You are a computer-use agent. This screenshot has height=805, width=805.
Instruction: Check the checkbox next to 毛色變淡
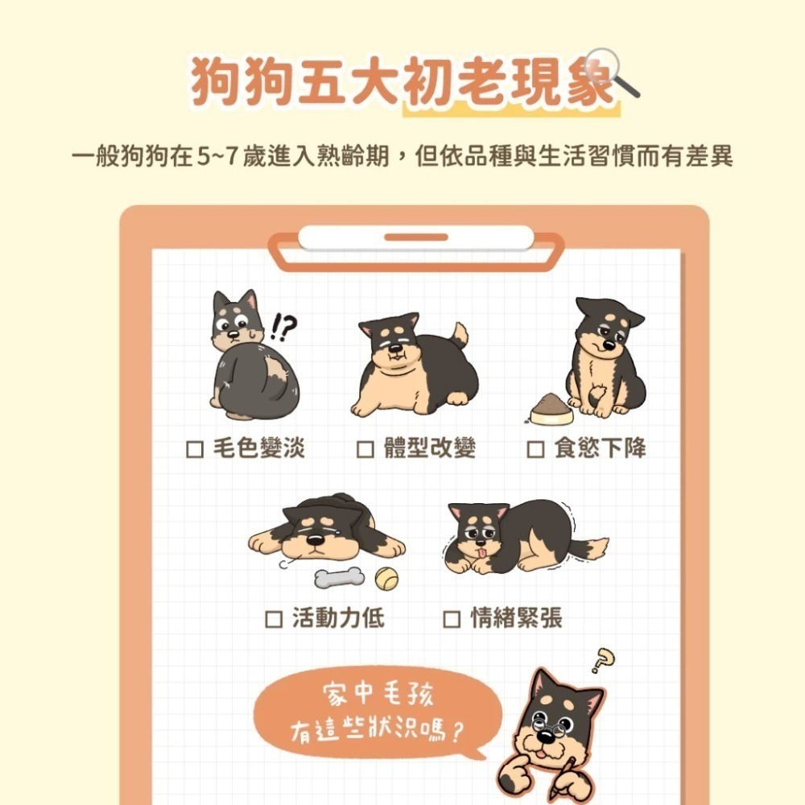click(194, 448)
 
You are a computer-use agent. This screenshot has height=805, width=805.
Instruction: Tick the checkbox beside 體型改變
click(365, 448)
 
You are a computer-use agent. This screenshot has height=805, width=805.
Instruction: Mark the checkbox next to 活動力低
click(274, 618)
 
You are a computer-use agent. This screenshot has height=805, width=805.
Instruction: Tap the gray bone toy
click(339, 577)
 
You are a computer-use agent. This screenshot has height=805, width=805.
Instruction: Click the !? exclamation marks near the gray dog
click(283, 326)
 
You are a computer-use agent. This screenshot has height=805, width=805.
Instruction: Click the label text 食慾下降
click(600, 448)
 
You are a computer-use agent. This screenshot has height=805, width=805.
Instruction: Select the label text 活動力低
click(338, 618)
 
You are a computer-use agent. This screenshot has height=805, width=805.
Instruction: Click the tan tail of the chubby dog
click(460, 332)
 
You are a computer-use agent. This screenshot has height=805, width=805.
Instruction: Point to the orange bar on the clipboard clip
click(415, 237)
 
